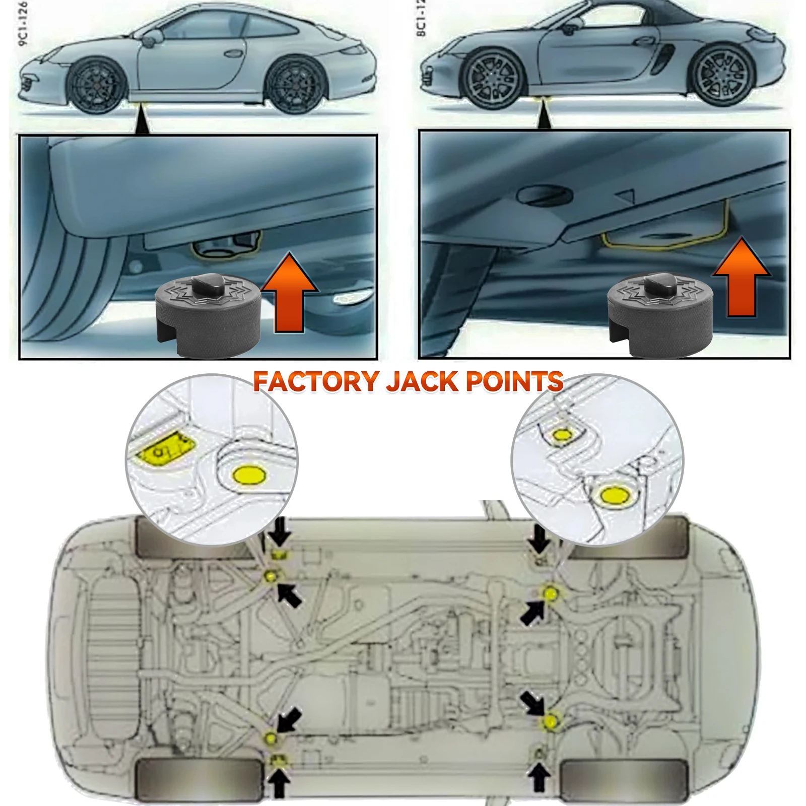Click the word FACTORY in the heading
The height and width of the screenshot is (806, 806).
point(316,381)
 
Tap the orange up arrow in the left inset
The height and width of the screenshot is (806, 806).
point(290,295)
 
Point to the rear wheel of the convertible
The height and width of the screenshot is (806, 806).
point(721,76)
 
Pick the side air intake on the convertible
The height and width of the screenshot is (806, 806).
point(663,58)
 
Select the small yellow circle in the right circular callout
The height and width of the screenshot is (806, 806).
point(561,435)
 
